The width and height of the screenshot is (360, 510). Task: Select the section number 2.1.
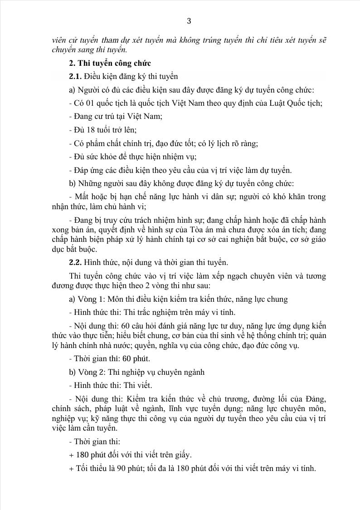[x=75, y=76]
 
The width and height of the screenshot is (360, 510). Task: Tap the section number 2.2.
[x=75, y=262]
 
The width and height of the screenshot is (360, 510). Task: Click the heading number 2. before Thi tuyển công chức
[x=72, y=63]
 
